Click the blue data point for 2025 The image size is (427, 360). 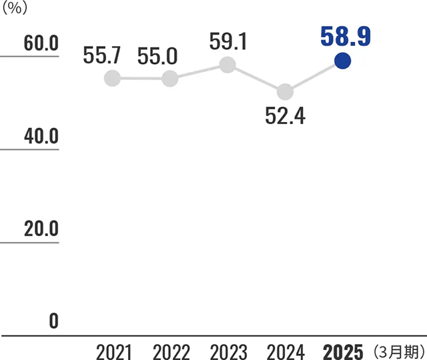pyautogui.click(x=342, y=61)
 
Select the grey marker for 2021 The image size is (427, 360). pyautogui.click(x=113, y=78)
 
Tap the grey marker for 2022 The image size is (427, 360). pyautogui.click(x=170, y=79)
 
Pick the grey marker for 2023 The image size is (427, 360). pyautogui.click(x=228, y=64)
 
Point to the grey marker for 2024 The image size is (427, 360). pyautogui.click(x=285, y=91)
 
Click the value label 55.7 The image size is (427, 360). pyautogui.click(x=103, y=57)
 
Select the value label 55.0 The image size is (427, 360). pyautogui.click(x=159, y=57)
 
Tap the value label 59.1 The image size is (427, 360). pyautogui.click(x=228, y=41)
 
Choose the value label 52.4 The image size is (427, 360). pyautogui.click(x=285, y=116)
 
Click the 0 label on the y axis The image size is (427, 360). pyautogui.click(x=53, y=321)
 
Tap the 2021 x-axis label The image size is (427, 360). pyautogui.click(x=113, y=351)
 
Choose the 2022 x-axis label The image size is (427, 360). pyautogui.click(x=171, y=351)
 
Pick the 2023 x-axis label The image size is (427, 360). pyautogui.click(x=228, y=351)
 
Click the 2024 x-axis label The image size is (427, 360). pyautogui.click(x=285, y=351)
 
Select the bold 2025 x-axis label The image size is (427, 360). pyautogui.click(x=343, y=351)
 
